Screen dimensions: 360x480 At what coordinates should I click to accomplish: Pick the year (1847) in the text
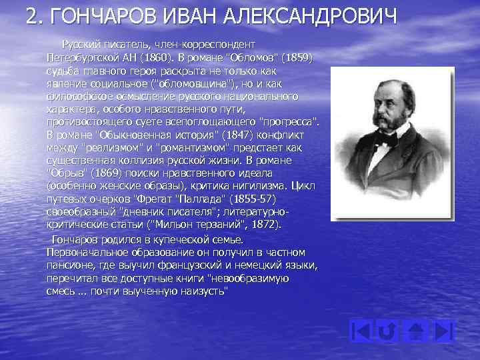coord(216,136)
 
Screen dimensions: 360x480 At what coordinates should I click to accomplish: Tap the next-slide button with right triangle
coord(445,331)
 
